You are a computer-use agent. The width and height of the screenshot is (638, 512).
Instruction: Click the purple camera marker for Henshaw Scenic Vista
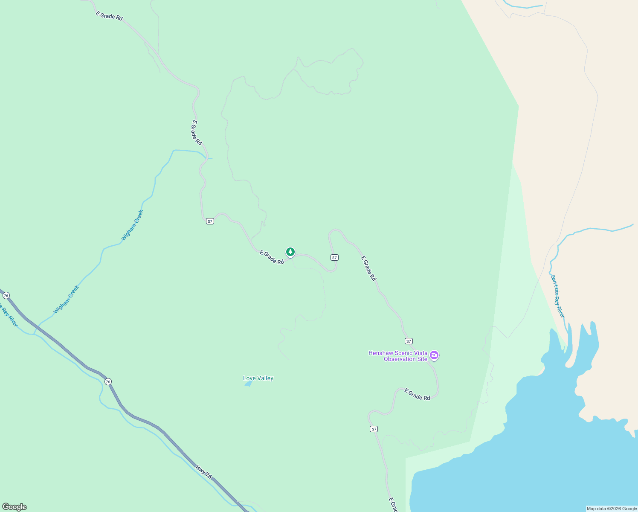tap(434, 355)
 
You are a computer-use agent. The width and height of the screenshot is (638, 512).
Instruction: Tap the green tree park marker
tap(290, 252)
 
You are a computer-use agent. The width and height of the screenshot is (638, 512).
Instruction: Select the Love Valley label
tap(258, 378)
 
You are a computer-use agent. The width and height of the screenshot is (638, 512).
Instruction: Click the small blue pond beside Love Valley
tap(248, 384)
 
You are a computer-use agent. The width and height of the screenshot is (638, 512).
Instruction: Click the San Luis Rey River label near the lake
tap(558, 296)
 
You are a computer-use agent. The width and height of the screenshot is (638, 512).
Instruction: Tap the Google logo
tap(14, 507)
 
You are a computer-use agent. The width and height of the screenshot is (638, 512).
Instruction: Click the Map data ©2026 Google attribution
tap(612, 509)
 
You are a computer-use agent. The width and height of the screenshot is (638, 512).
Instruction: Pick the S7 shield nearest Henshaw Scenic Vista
tap(409, 341)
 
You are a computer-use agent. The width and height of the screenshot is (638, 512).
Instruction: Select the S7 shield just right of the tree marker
tap(334, 257)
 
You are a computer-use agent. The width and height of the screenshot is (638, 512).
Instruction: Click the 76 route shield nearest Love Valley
tap(108, 381)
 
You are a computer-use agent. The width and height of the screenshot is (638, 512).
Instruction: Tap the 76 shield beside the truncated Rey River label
tap(6, 295)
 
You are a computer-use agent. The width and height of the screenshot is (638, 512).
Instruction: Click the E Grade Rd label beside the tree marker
tap(272, 257)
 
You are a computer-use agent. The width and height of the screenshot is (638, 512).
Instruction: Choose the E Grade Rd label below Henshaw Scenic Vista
tap(417, 394)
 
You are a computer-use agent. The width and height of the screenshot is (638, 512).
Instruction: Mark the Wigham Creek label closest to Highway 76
tap(67, 300)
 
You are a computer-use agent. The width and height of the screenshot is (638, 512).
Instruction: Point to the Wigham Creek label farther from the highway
tap(132, 225)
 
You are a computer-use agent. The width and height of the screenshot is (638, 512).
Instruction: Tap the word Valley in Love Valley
tap(264, 378)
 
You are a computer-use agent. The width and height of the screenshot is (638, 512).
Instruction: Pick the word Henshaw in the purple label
tap(378, 353)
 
